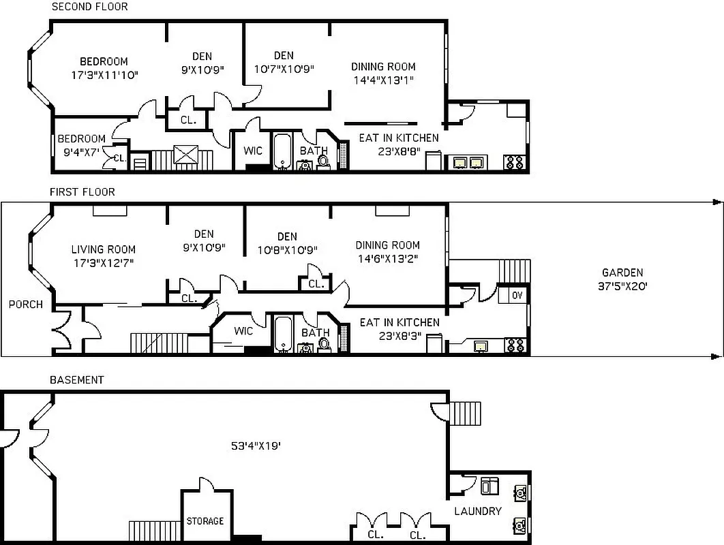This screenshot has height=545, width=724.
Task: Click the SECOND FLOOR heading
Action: [89, 7]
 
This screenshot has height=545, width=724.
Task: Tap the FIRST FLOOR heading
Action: [82, 192]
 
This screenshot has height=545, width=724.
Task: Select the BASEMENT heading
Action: [76, 379]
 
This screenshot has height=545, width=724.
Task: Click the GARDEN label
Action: [622, 272]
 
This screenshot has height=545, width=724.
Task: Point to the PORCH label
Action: [25, 305]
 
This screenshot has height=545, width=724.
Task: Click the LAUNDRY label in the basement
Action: [478, 511]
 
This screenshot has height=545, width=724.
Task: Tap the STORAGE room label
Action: [205, 521]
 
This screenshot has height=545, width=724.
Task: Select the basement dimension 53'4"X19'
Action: [257, 447]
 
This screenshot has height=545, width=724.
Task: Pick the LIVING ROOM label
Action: [103, 249]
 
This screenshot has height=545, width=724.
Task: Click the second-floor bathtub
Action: [283, 151]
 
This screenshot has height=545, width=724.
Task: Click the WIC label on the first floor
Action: [243, 331]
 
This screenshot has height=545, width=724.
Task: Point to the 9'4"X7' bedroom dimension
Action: [80, 152]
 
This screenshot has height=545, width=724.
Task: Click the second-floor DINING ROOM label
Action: [383, 67]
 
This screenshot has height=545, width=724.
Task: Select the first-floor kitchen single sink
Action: [483, 346]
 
